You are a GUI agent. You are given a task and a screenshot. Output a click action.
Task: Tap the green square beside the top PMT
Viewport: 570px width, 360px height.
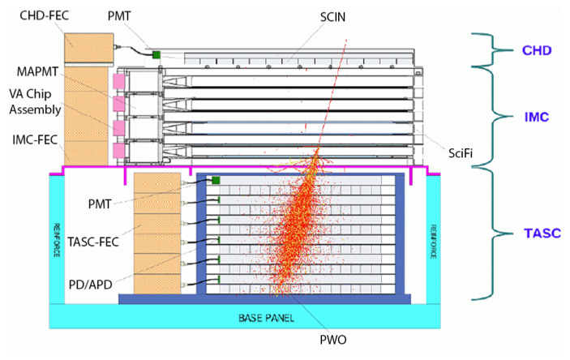(x=156, y=54)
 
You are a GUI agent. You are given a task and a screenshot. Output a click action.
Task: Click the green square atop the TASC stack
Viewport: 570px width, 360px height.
(x=216, y=180)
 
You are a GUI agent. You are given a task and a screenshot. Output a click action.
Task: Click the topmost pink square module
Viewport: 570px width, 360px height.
(x=118, y=82)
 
